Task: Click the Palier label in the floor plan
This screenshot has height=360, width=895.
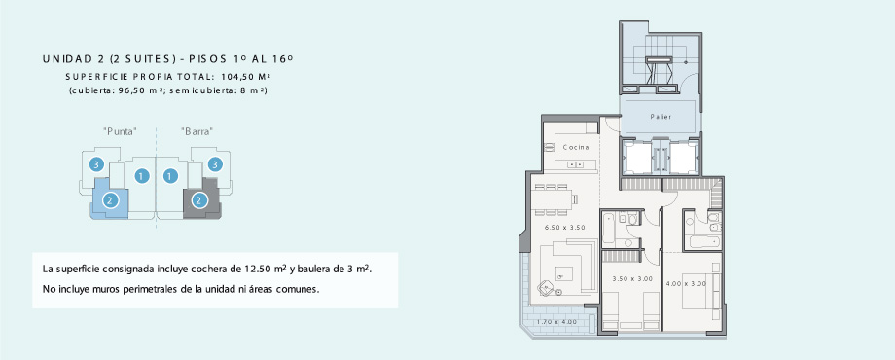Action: coord(661,117)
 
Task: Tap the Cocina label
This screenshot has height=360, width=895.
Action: coord(575,147)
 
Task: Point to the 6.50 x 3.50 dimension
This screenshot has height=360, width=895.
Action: coord(564,227)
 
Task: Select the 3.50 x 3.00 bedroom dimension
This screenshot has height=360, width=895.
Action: coord(632,279)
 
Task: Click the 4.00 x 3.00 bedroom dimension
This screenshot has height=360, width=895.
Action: coord(686,283)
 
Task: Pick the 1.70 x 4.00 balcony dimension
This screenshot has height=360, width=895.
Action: coord(556,322)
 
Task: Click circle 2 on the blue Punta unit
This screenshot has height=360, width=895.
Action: coord(110,200)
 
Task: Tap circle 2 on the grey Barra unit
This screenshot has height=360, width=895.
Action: coord(198,200)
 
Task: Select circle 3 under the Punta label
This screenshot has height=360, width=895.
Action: coord(96,164)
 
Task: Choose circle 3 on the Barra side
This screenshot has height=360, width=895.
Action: coord(215,164)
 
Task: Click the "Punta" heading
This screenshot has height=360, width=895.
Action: coord(121,131)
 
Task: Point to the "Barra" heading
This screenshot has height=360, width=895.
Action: coord(197,131)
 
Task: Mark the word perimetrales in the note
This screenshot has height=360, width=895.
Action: coord(150,289)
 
